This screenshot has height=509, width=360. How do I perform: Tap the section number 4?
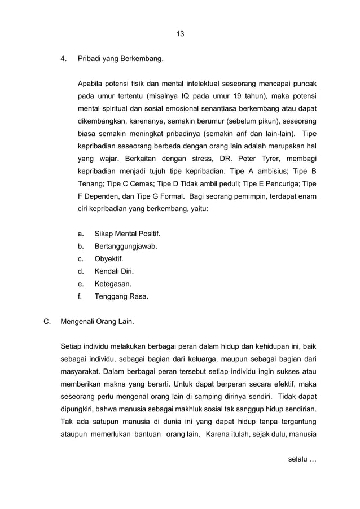(x=63, y=58)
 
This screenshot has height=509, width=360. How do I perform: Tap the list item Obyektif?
(x=109, y=259)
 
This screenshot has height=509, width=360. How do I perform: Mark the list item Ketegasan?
(x=113, y=284)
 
